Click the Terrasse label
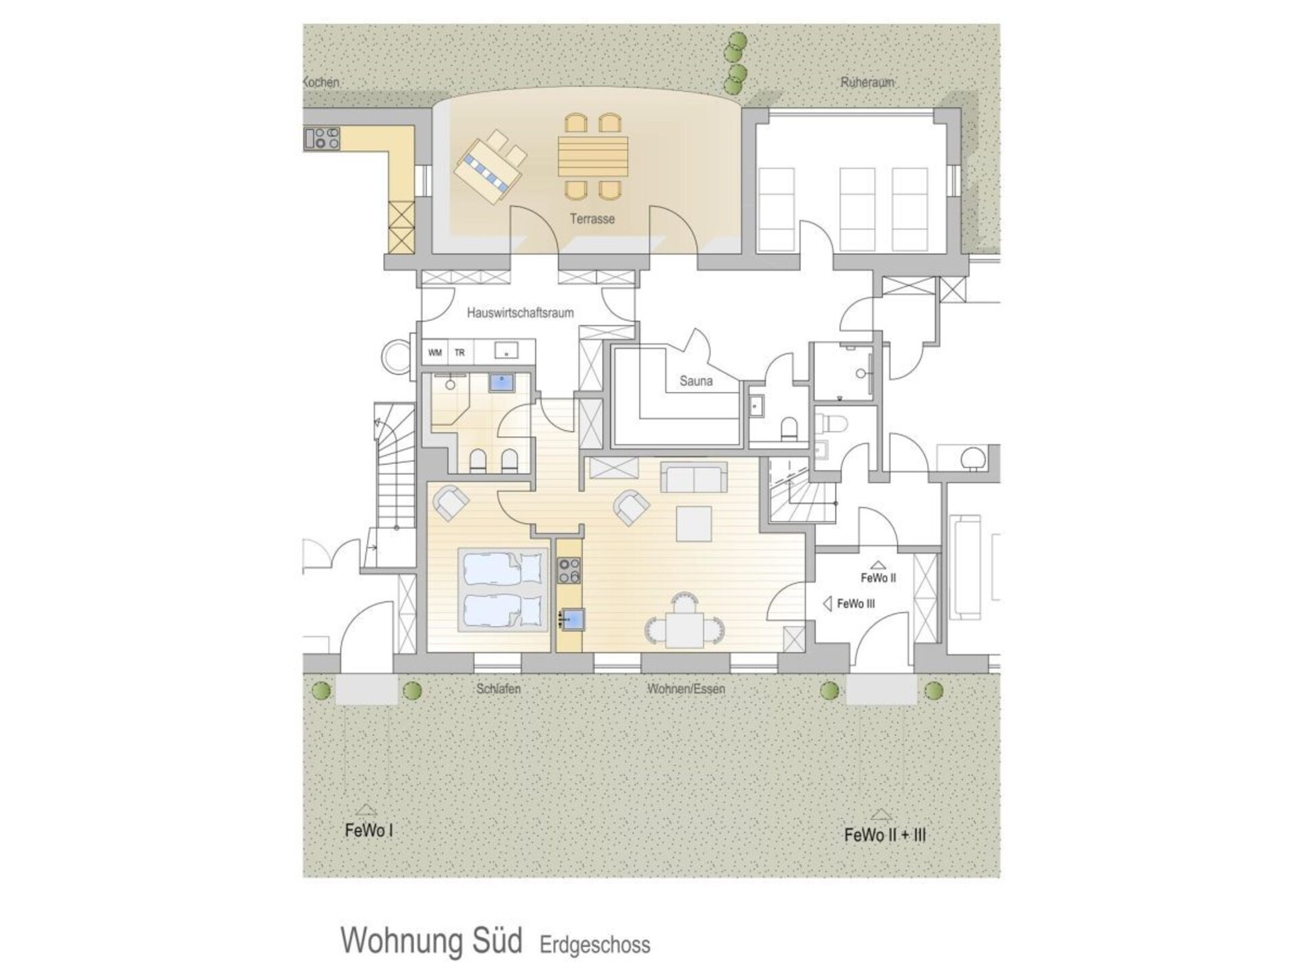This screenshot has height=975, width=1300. [592, 219]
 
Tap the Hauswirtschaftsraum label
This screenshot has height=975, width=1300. [520, 313]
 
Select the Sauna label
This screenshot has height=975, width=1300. [696, 381]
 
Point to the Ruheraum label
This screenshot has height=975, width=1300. [867, 82]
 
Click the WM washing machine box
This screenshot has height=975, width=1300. [435, 353]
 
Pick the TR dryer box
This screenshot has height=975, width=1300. [460, 353]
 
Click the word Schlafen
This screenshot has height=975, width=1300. [498, 689]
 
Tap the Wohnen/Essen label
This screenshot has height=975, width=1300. [686, 689]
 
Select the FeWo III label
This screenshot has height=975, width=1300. [856, 603]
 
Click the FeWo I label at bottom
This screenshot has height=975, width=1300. [368, 831]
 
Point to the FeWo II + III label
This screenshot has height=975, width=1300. [885, 835]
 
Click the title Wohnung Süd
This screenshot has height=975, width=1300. [431, 940]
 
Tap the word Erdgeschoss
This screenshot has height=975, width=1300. [594, 945]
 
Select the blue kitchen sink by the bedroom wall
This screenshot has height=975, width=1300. [573, 619]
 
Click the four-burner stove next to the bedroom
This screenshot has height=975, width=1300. [569, 571]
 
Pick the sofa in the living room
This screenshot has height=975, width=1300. [693, 477]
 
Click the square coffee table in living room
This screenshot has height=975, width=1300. [694, 523]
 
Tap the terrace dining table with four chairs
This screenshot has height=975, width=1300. [593, 156]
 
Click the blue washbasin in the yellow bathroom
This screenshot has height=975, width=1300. [502, 383]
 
